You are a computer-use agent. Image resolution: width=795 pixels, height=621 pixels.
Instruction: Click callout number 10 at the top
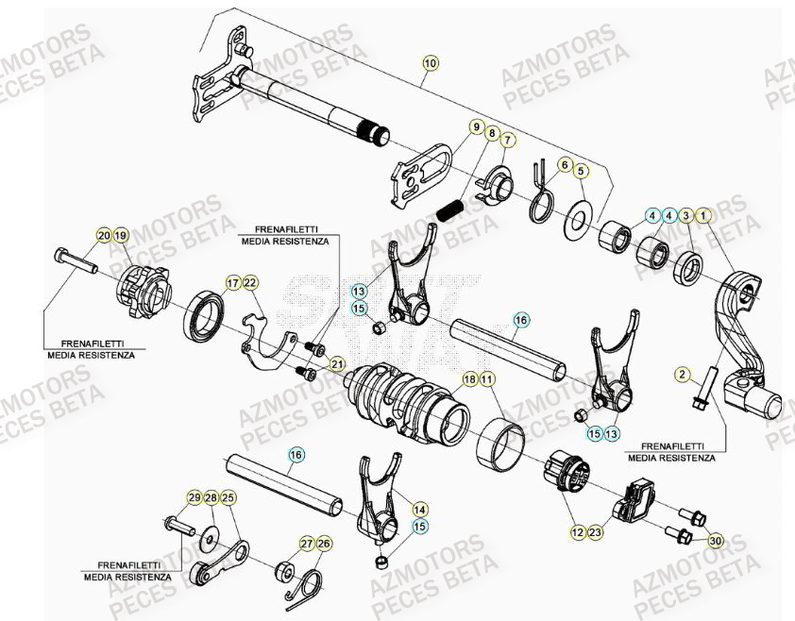[431, 64]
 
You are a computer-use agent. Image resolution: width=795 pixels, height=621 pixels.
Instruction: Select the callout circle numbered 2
[683, 375]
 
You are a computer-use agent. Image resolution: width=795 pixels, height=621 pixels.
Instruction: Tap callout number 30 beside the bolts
[715, 541]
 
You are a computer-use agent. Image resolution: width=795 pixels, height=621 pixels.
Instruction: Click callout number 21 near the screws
[337, 364]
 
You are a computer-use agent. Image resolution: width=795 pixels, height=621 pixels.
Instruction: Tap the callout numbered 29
[194, 497]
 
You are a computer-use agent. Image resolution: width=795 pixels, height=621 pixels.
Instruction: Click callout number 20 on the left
[102, 234]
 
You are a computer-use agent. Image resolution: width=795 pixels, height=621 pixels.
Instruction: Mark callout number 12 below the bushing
[577, 533]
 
